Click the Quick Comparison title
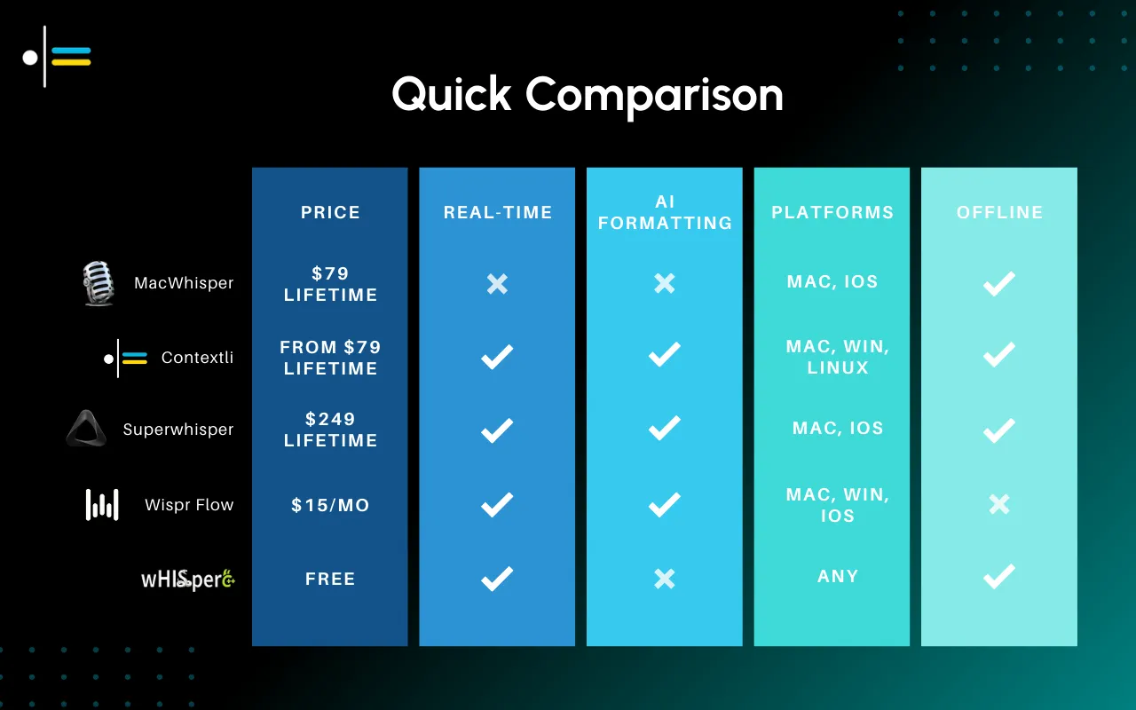pos(588,94)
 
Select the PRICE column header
pos(330,212)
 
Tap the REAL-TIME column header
pos(498,212)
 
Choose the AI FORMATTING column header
pos(665,212)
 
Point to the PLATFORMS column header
pos(832,212)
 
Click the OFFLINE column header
pos(999,212)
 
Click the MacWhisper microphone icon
pos(98,283)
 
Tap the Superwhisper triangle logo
pos(86,429)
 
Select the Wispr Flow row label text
pos(189,505)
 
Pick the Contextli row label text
pos(197,358)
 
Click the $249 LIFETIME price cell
pos(330,430)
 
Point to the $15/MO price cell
pos(330,505)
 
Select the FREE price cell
pos(330,579)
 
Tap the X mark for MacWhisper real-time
pos(497,284)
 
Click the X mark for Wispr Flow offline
pos(999,505)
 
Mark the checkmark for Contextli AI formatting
pos(664,356)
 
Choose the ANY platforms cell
pos(838,576)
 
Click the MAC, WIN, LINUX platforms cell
pos(838,357)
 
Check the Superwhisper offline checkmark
pos(999,430)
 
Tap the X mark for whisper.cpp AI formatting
pos(664,580)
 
